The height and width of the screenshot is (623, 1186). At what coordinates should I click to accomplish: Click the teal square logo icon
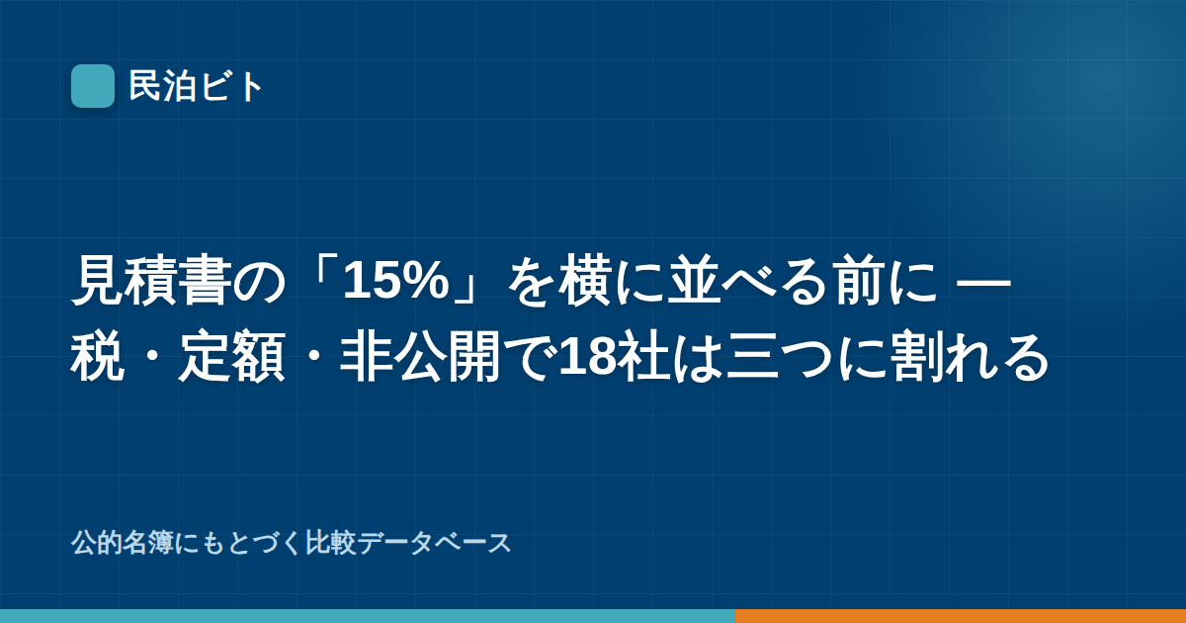[93, 86]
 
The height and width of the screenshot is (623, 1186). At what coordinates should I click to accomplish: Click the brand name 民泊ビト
[196, 86]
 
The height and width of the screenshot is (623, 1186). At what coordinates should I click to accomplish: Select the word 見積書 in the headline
[151, 281]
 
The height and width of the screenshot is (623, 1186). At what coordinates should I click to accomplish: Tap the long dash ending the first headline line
[984, 281]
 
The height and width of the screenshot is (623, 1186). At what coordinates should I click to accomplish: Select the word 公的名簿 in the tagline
[123, 543]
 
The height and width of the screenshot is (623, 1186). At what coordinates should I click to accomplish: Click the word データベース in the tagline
[434, 543]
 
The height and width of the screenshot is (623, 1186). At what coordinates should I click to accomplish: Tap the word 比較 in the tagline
[331, 543]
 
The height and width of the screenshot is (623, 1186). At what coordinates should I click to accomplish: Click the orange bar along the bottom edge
[961, 616]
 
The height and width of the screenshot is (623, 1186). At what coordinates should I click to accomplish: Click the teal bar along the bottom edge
[368, 616]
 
